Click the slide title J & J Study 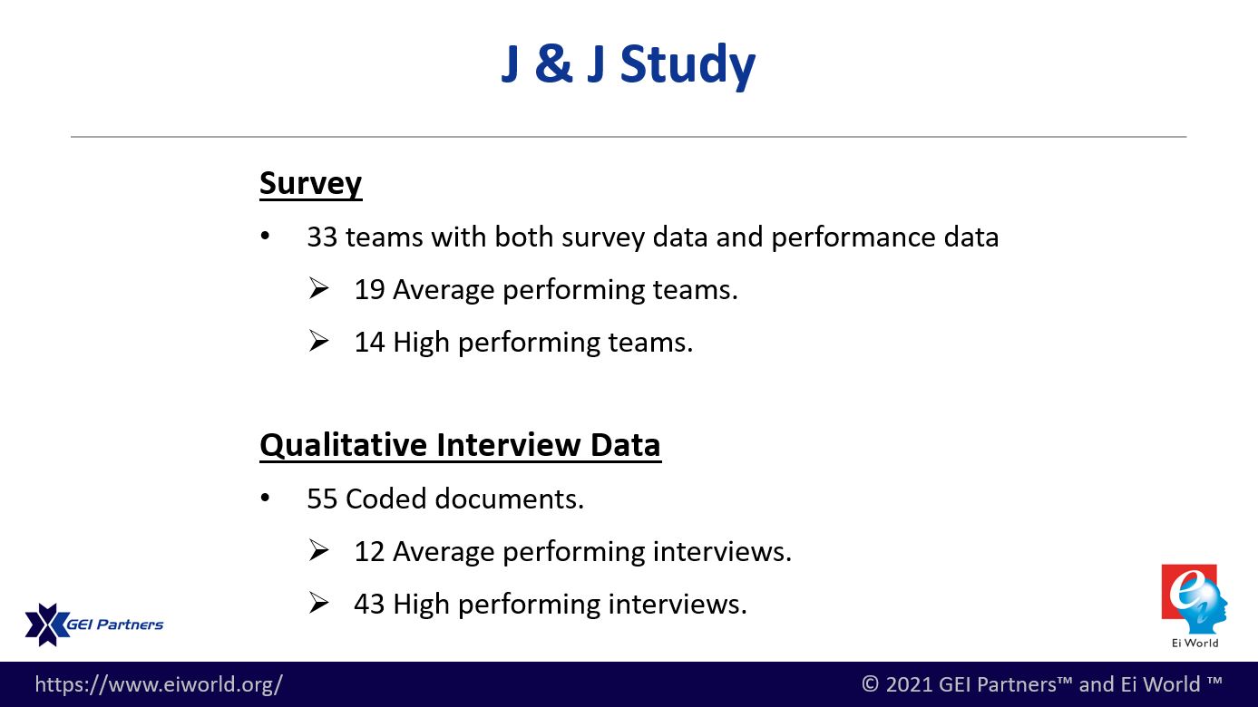[x=628, y=65]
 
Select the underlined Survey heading [x=310, y=184]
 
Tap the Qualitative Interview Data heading [x=460, y=445]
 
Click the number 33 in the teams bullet [x=322, y=237]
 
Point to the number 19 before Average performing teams [x=369, y=290]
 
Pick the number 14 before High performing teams [x=369, y=343]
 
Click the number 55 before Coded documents [x=322, y=499]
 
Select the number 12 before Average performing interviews [x=369, y=552]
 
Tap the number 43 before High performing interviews [x=369, y=605]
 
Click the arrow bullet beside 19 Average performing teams [x=318, y=288]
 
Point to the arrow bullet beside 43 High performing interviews [x=318, y=603]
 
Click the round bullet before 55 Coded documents [x=265, y=498]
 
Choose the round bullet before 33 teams [x=265, y=237]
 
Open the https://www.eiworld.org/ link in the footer [x=159, y=684]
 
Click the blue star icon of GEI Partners [x=46, y=625]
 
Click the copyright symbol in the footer [x=870, y=684]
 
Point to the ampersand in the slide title [x=554, y=63]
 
